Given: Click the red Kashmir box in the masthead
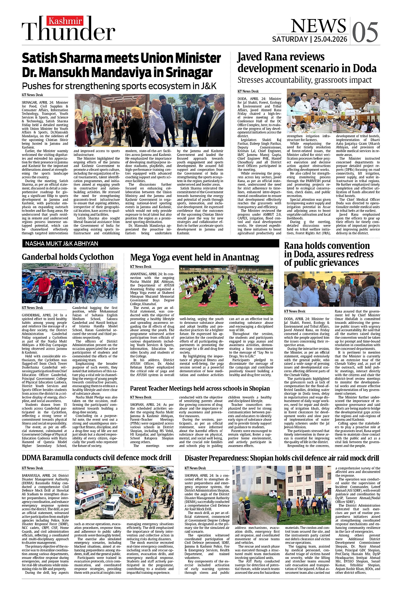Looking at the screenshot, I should click(x=65, y=21).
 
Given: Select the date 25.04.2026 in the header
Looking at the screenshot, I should click(x=330, y=39).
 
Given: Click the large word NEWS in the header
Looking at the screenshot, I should click(x=318, y=25).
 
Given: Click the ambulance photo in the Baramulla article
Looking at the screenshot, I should click(x=124, y=492).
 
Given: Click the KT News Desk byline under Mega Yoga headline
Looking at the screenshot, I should click(x=141, y=267).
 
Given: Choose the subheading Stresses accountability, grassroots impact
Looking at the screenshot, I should click(x=304, y=80).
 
